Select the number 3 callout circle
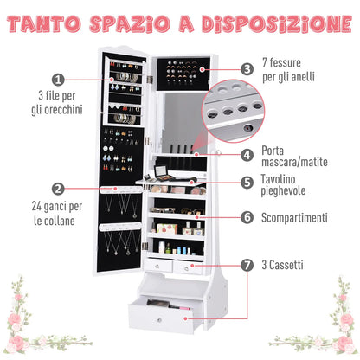tap(247, 67)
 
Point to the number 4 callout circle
tap(247, 156)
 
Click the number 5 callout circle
tap(247, 183)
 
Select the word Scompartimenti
tap(296, 217)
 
